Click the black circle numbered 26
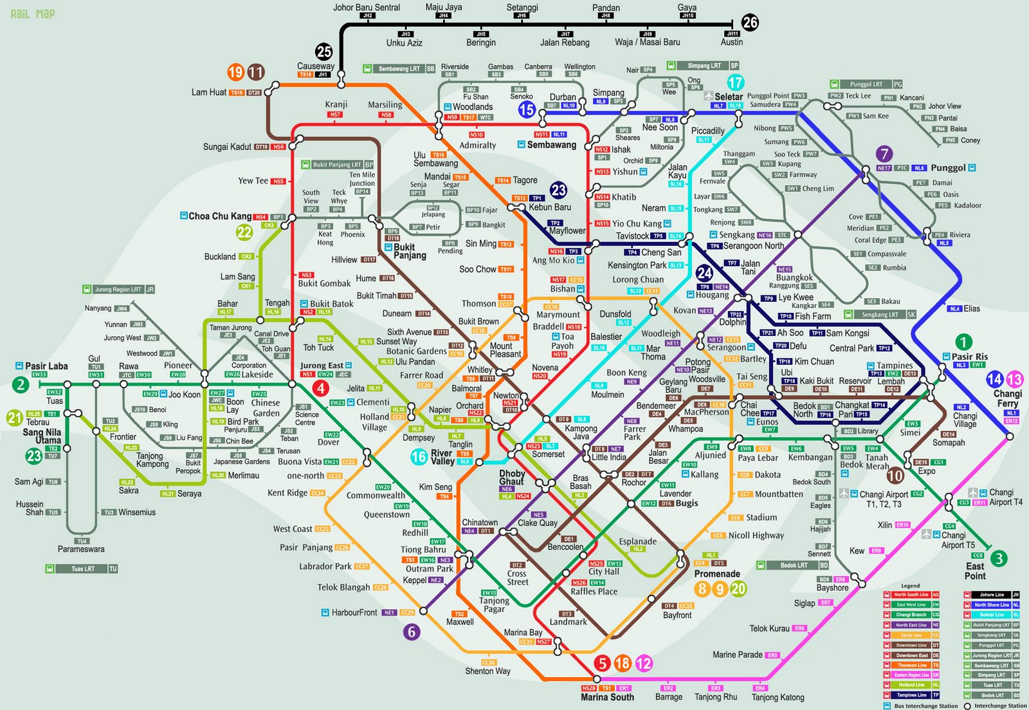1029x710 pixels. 750,23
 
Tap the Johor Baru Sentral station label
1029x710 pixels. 366,7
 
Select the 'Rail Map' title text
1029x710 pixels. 33,14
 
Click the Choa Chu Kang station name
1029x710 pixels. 220,216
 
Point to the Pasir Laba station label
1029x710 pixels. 46,366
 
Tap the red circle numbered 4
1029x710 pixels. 320,388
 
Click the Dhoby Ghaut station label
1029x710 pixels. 512,477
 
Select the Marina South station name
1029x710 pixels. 607,697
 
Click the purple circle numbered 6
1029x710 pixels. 412,631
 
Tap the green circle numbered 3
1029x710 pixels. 998,558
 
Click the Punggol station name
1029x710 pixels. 948,167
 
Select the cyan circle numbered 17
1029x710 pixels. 735,82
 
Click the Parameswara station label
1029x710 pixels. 81,549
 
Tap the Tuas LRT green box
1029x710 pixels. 82,569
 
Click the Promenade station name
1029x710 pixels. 717,574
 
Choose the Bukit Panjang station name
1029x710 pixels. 410,251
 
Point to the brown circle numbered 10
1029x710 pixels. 895,476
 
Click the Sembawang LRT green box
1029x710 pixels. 399,68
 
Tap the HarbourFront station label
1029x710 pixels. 354,612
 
